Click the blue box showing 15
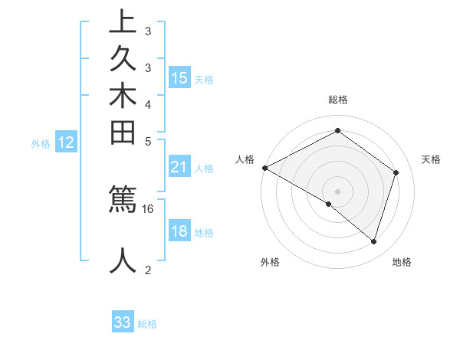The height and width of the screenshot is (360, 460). [179, 78]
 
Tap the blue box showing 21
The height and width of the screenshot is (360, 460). [179, 167]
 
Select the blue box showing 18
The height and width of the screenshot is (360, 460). [179, 231]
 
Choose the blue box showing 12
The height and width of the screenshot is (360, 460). [66, 142]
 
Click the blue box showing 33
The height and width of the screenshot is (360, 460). [123, 322]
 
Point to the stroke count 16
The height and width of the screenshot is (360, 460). [148, 208]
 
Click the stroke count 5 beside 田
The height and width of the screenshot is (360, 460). [148, 140]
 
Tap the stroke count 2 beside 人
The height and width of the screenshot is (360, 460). [148, 269]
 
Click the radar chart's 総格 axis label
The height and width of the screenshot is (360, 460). [337, 100]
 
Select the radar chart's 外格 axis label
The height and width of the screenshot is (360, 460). [270, 262]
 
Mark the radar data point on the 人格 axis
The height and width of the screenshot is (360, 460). [264, 168]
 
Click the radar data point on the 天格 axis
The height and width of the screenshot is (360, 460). [396, 172]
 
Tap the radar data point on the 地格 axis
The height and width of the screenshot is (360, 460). [373, 241]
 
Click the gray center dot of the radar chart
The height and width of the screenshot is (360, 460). [337, 191]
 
